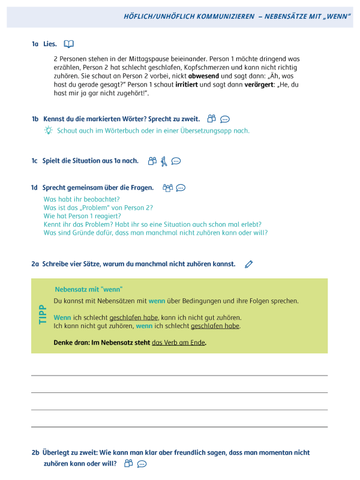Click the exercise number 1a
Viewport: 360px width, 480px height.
35,44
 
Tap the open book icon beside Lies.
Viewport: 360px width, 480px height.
69,44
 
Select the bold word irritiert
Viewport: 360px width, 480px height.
188,85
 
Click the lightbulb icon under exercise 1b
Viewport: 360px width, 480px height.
48,130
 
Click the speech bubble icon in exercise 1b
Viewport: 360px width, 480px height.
225,119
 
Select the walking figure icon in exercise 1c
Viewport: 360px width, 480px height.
164,161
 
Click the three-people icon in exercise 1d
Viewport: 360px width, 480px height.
167,188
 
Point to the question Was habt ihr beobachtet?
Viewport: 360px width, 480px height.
82,199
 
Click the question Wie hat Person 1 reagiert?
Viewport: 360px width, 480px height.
82,216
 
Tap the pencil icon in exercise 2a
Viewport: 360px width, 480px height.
249,264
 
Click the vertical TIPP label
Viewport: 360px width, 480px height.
42,315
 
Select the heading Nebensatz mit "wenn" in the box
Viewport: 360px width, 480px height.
89,289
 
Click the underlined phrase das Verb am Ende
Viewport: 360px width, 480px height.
178,343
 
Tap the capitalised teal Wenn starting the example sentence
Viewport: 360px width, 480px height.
62,317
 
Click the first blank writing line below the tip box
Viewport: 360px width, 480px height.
179,375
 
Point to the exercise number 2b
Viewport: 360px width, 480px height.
35,452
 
